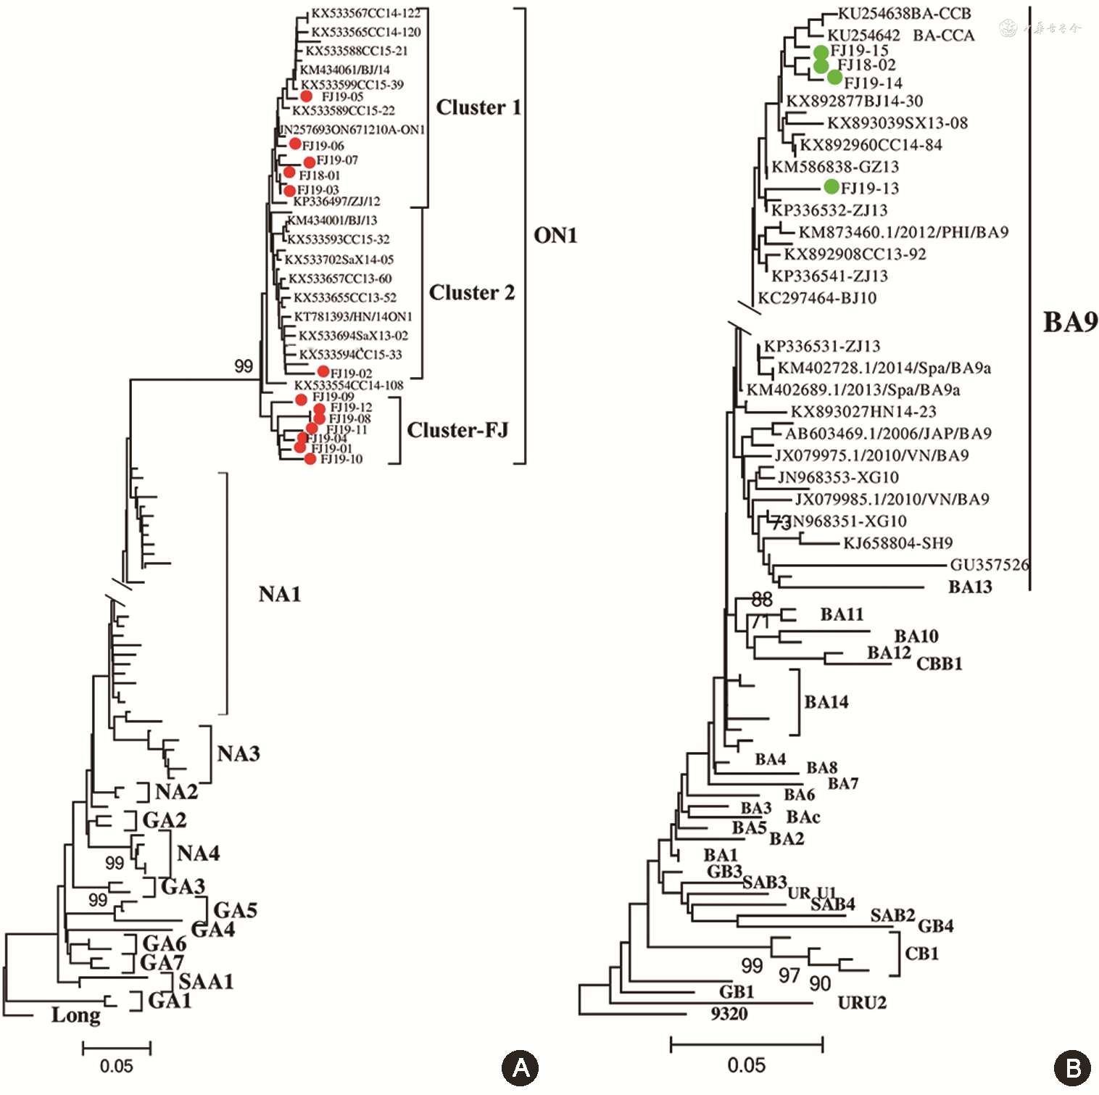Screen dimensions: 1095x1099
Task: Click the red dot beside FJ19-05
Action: (x=307, y=96)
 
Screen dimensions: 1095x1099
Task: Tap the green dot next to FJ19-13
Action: (x=831, y=187)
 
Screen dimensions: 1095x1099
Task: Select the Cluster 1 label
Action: (x=478, y=107)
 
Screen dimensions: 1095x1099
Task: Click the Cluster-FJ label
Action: (x=457, y=430)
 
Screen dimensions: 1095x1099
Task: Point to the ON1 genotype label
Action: (x=555, y=236)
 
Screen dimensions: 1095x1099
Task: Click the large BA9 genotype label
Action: (x=1070, y=322)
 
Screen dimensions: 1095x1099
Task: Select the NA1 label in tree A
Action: (x=280, y=595)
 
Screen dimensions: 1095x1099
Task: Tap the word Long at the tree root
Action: (x=76, y=1015)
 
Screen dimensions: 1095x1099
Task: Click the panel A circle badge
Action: (x=520, y=1067)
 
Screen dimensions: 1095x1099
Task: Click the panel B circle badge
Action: (x=1072, y=1067)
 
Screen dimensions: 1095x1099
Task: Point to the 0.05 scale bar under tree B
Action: (x=747, y=1045)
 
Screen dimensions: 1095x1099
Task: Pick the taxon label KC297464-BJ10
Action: (x=817, y=298)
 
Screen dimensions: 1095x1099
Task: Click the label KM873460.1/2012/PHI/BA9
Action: (x=903, y=232)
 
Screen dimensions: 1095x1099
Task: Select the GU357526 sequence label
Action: (x=990, y=565)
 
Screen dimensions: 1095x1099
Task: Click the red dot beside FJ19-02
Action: (x=324, y=372)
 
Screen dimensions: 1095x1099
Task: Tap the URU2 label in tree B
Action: (x=862, y=1003)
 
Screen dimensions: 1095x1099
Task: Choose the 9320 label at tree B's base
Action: (x=729, y=1014)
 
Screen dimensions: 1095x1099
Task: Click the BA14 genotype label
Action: (x=826, y=702)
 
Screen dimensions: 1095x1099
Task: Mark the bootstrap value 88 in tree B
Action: (x=762, y=599)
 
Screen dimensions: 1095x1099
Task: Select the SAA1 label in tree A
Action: (x=206, y=982)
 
